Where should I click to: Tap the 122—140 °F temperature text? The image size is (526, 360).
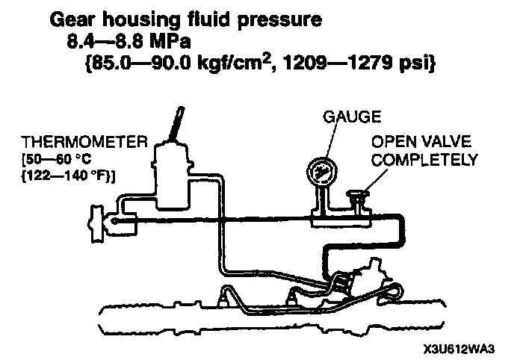coord(66,176)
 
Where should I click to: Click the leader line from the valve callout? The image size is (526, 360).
coord(378,180)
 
